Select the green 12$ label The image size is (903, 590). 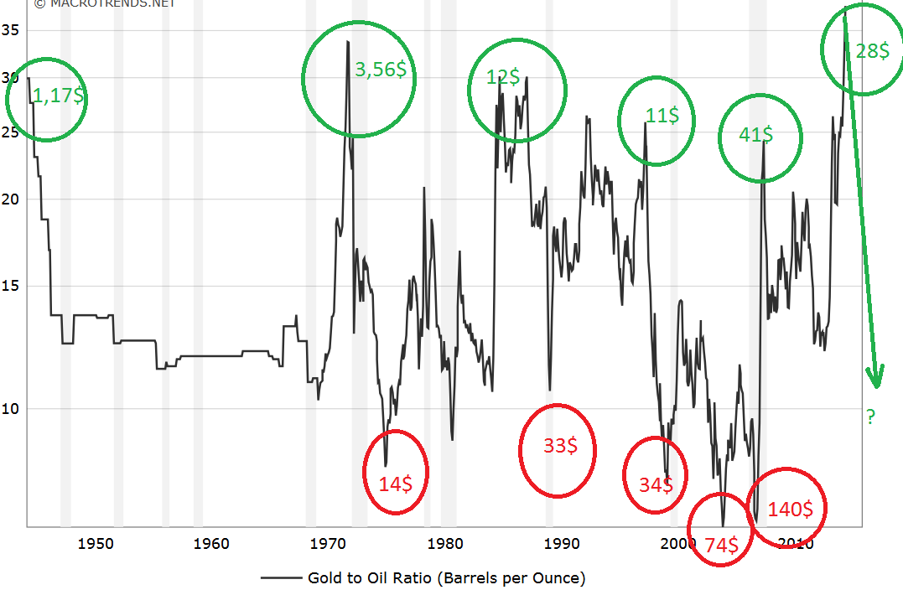click(x=503, y=77)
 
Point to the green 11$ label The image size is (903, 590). click(x=662, y=116)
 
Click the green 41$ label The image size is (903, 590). click(x=756, y=135)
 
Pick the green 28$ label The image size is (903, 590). click(x=873, y=51)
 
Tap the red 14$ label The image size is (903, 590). click(x=395, y=484)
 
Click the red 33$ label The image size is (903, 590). click(x=559, y=446)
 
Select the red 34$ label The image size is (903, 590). click(x=655, y=484)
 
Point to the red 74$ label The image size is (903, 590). click(x=721, y=546)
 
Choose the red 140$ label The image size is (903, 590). click(x=790, y=509)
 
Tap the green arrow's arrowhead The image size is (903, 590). click(x=877, y=379)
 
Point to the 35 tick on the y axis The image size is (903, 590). click(x=12, y=31)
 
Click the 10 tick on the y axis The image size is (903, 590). click(x=12, y=408)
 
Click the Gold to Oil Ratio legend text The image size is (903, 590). click(x=446, y=577)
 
